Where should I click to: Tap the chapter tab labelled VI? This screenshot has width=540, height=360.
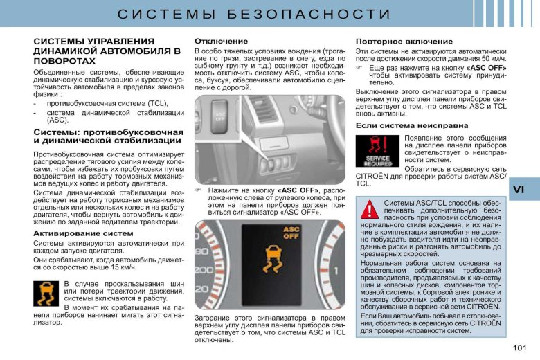pos(520,189)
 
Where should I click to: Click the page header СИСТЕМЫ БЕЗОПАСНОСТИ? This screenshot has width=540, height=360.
pos(269,15)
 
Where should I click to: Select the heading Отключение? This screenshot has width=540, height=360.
pos(221,42)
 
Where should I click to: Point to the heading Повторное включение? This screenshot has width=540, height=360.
pos(395,42)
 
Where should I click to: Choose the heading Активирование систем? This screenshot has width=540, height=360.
pos(83,233)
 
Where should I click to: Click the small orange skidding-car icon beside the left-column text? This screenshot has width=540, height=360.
pos(46,294)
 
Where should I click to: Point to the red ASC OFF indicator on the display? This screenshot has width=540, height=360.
pos(291,233)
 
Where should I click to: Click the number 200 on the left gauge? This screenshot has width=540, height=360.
pos(204,269)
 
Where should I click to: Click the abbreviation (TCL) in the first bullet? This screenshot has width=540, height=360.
pos(156,103)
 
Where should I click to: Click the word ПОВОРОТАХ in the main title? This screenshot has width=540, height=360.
pos(64,61)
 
